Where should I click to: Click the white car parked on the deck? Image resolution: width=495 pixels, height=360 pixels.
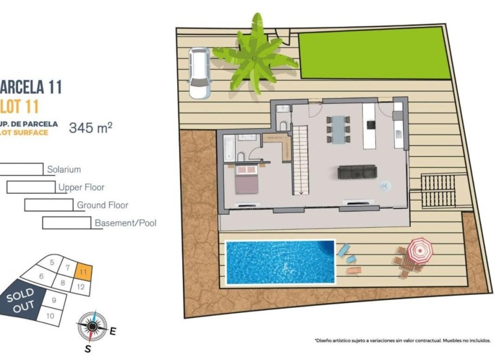point(199,73)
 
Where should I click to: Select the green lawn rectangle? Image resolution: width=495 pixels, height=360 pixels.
point(375,56)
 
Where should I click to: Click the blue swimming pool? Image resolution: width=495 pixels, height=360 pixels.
point(280,262)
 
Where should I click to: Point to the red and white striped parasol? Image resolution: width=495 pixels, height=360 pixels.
point(419,250)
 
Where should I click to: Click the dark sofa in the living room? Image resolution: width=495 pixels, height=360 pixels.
point(357,172)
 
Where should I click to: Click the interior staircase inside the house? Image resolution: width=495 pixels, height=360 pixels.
point(300,160)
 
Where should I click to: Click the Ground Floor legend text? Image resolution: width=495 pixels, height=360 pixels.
point(102,205)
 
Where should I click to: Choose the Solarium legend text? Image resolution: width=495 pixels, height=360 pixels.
point(64,169)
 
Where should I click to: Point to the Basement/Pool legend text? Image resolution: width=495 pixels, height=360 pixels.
point(125,223)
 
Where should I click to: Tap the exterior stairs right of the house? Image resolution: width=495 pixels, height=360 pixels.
point(437,191)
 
